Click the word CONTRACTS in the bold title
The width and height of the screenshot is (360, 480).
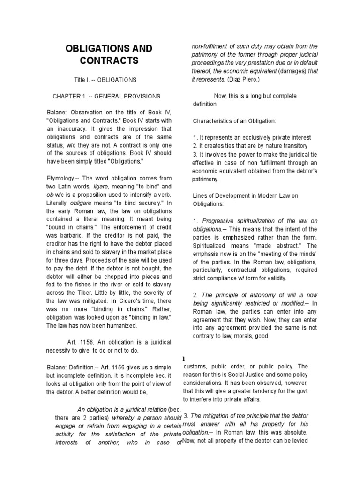coord(109,61)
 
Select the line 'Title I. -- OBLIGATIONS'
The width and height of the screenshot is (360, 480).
coord(108,80)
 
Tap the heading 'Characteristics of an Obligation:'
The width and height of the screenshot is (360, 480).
coord(235,121)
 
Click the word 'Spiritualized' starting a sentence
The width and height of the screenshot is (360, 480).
coord(211,245)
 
